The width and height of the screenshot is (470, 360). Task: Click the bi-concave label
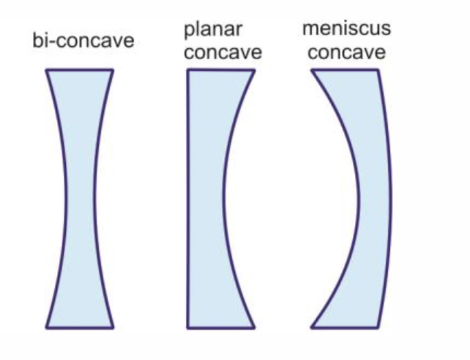[83, 40]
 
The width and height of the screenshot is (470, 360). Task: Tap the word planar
[213, 30]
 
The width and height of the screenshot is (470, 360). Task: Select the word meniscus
[346, 29]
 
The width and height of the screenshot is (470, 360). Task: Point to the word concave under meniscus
[346, 53]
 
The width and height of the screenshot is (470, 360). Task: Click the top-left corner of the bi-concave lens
[46, 70]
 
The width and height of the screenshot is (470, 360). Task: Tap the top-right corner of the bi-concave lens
[113, 70]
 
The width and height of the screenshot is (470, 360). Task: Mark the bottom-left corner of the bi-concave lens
[46, 326]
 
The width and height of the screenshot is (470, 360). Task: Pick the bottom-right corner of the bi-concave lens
[113, 326]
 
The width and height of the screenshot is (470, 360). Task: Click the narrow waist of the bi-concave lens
[79, 198]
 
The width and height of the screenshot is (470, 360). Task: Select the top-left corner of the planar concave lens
[187, 70]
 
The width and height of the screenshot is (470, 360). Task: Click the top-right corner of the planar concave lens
[254, 70]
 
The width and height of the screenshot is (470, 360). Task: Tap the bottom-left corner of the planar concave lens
[187, 326]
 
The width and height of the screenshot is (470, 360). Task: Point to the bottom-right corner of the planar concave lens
[254, 326]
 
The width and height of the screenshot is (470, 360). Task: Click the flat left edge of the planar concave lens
[187, 198]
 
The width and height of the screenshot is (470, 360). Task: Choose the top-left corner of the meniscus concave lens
[312, 70]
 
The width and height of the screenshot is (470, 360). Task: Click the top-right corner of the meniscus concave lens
[378, 70]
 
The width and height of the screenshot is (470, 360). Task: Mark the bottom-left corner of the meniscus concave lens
[312, 326]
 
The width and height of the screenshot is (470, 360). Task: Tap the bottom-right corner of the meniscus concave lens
[378, 326]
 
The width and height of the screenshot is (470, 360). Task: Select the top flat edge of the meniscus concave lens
[345, 70]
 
